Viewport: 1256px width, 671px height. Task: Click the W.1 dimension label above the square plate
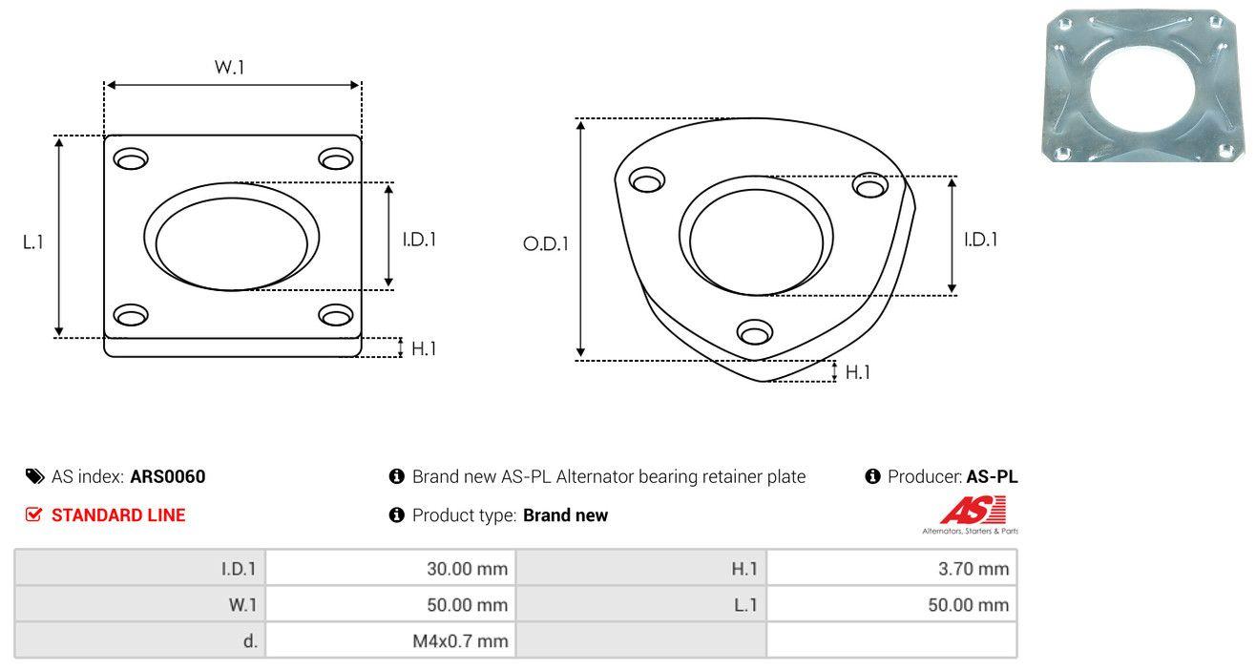[x=229, y=67]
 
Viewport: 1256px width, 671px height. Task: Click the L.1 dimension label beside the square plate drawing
[x=33, y=242]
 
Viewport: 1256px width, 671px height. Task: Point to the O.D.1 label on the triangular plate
[x=546, y=243]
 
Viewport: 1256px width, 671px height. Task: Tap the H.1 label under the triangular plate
[x=857, y=372]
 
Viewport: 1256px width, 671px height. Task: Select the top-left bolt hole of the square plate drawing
[x=131, y=158]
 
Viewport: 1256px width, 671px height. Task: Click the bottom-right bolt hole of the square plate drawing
[x=336, y=315]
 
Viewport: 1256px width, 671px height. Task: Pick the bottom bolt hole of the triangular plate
[x=755, y=332]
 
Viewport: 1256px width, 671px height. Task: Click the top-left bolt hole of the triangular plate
[x=647, y=180]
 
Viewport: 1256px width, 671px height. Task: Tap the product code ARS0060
[x=168, y=476]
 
